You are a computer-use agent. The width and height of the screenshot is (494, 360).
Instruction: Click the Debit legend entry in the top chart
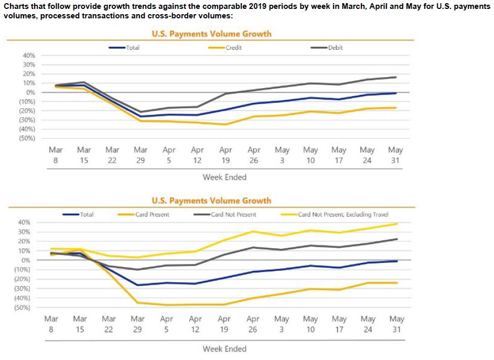[335, 48]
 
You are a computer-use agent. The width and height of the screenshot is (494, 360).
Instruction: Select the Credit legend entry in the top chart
[233, 48]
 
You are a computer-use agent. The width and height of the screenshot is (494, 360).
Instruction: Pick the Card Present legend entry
[152, 215]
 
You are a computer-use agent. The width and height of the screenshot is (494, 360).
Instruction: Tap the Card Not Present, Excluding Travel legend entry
[343, 215]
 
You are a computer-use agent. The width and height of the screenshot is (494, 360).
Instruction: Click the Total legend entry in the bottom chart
[87, 215]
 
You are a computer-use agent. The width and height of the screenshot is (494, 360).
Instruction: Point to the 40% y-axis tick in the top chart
[28, 56]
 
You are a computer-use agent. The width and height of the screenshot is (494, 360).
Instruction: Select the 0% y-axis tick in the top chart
[30, 92]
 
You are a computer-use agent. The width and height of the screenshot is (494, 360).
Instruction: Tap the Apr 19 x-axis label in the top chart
[225, 155]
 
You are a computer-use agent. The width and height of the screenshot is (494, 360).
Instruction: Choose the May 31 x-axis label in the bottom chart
[397, 324]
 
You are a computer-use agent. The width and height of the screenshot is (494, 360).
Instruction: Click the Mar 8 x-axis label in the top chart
[56, 155]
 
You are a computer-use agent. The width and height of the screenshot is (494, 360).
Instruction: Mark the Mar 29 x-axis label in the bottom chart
[137, 324]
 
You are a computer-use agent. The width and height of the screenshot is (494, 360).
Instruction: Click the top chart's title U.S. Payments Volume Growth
[212, 34]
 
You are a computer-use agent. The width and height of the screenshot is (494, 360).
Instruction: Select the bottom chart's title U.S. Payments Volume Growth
[212, 200]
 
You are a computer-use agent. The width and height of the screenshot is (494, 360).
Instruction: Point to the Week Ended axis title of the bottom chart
[224, 348]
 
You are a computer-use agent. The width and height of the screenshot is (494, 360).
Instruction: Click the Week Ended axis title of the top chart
[224, 177]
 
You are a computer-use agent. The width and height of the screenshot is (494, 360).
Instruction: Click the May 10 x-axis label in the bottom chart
[310, 324]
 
